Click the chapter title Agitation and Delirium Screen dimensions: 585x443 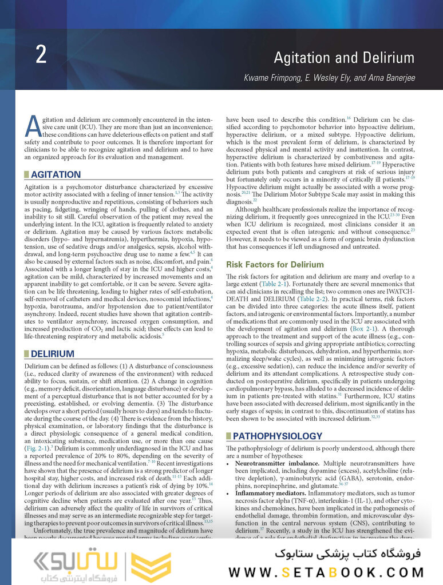[343, 58]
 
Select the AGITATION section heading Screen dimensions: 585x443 [56, 174]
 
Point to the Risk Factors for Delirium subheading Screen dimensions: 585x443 [275, 265]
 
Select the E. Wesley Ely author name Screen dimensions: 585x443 [325, 77]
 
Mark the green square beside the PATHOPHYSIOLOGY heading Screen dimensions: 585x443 [229, 435]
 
